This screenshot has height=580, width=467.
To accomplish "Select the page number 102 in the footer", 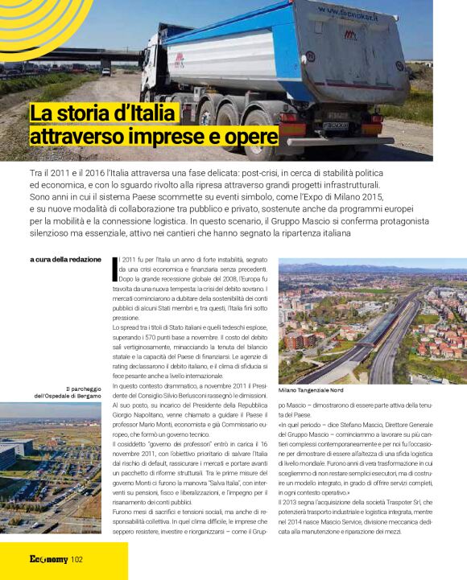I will [76, 560].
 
